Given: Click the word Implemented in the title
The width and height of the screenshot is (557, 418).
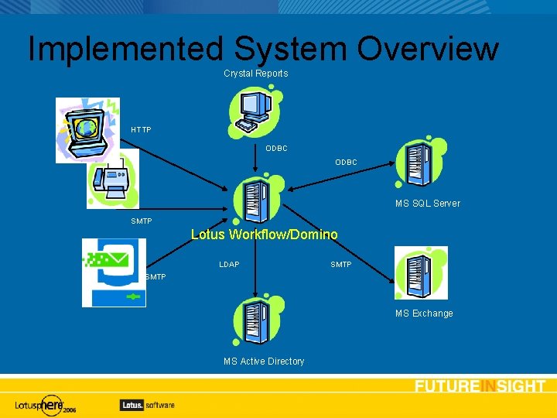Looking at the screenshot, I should pos(125,50).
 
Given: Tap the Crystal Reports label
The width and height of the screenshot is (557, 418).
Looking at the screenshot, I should pos(256,74).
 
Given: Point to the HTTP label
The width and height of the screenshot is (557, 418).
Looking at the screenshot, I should pos(142,129).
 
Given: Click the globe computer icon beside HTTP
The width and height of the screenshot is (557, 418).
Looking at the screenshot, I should pos(87,129).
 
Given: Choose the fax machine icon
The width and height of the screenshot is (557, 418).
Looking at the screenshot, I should pos(113,180).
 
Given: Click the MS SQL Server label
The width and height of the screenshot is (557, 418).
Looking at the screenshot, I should pos(427,204).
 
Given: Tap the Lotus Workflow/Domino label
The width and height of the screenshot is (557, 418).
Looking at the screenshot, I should pos(265,235).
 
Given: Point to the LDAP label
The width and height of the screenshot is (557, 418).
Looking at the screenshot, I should pos(229,265).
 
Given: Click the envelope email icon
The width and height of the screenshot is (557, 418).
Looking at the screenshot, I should pos(114,272).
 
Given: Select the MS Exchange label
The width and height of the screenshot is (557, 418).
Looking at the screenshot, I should pos(424,313).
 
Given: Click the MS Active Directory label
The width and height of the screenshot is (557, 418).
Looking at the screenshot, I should pos(264,361).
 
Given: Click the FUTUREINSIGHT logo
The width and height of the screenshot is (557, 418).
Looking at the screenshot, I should pos(480,386).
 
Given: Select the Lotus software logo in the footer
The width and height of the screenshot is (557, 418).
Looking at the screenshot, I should pos(147,404).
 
